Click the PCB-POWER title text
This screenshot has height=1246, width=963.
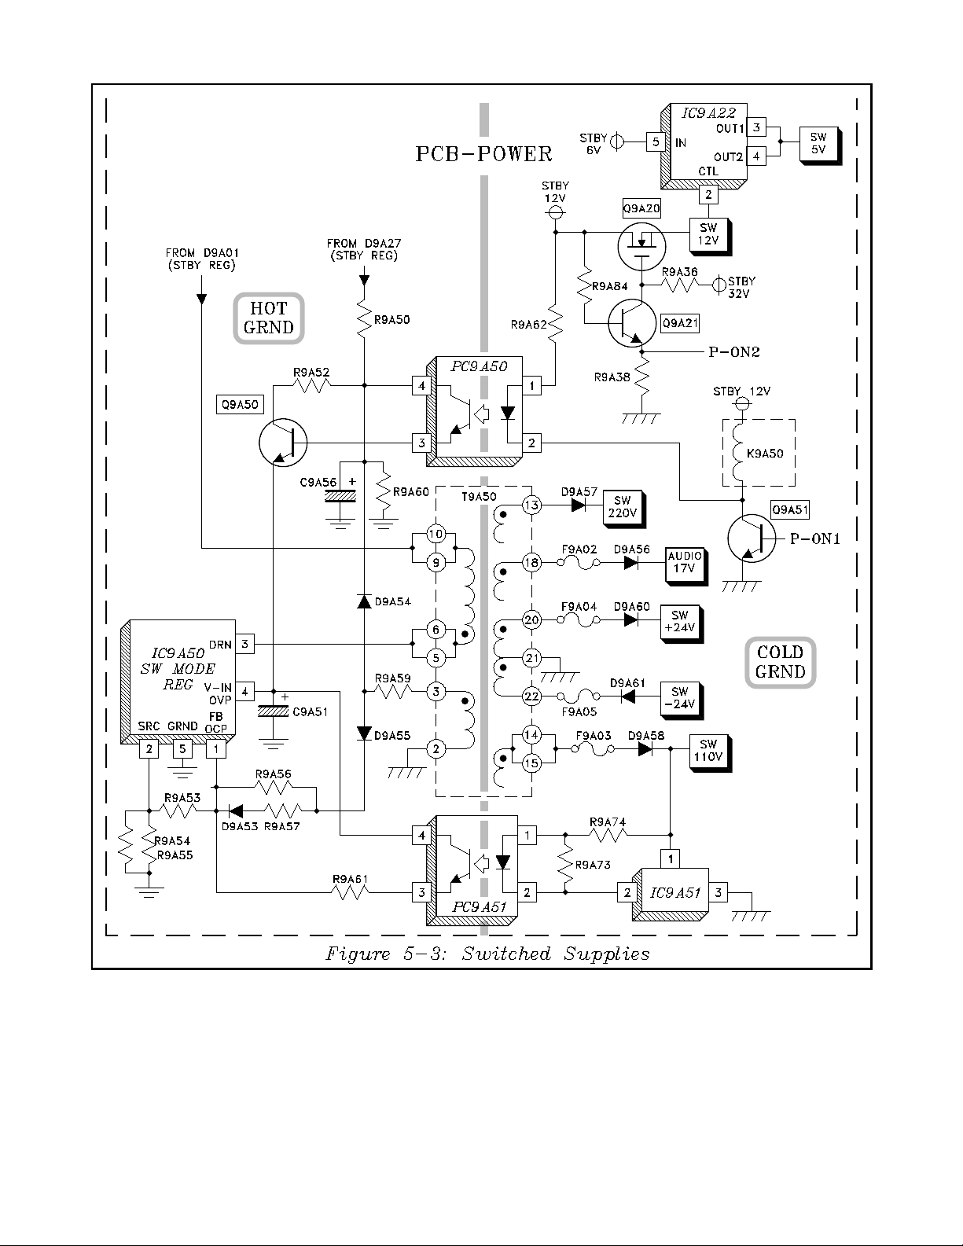tap(483, 154)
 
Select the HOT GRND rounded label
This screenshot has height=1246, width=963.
tap(269, 318)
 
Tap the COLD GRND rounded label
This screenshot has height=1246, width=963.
tap(780, 662)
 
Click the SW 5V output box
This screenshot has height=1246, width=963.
tap(818, 144)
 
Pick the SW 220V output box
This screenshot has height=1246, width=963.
tap(622, 508)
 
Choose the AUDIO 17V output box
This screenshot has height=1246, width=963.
tap(685, 563)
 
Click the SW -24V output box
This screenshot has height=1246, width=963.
tap(680, 698)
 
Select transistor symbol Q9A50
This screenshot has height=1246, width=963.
tap(282, 443)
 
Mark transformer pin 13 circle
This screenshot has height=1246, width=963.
tap(532, 505)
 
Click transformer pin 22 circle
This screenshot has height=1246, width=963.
tap(532, 696)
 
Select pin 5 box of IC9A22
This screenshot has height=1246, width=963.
tap(655, 142)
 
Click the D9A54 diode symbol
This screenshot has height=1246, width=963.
tap(364, 601)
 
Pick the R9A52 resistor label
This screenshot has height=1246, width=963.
tap(311, 373)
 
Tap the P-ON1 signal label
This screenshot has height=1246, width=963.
tap(815, 538)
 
